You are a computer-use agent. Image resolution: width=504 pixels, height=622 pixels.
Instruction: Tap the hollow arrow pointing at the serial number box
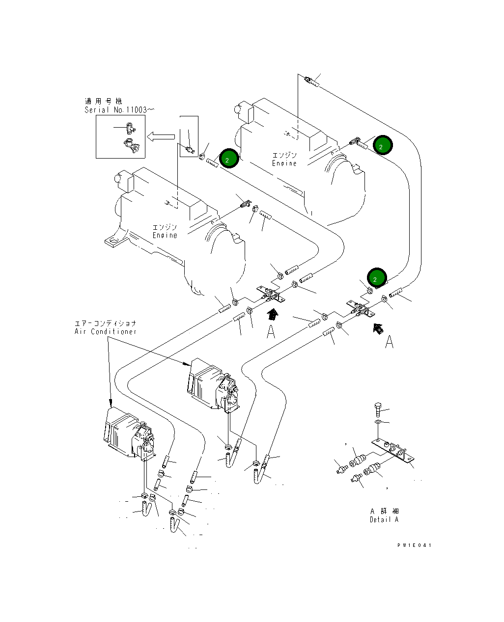[162, 136]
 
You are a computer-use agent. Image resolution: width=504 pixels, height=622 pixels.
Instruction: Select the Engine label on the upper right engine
[284, 160]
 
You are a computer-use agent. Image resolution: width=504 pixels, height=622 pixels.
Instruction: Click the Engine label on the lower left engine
[165, 231]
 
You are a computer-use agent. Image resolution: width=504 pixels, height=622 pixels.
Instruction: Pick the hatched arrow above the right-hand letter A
[378, 327]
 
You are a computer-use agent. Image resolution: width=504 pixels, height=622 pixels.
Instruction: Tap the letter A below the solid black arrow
[271, 332]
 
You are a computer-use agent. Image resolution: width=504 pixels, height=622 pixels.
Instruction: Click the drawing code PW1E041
[415, 545]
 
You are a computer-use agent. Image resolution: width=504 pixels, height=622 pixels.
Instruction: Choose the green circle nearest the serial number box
[228, 159]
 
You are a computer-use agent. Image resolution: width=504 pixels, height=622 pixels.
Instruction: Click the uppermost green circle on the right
[382, 145]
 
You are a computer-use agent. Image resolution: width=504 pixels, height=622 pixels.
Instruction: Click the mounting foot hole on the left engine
[114, 241]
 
